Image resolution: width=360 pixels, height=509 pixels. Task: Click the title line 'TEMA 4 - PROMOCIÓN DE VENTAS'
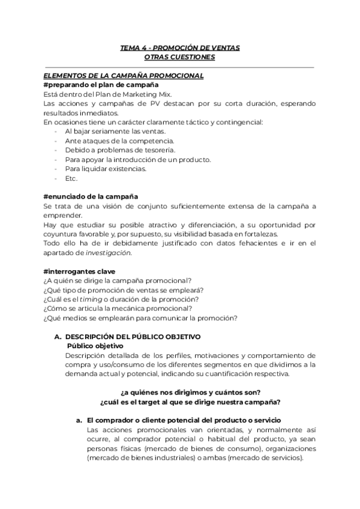pos(179,47)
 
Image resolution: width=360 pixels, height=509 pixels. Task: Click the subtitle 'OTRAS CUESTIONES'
pos(179,57)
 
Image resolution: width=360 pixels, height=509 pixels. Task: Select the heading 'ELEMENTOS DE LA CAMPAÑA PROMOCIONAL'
pos(124,76)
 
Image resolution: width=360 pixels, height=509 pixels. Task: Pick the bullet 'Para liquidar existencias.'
pos(106,169)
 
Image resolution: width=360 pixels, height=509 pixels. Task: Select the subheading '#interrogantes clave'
pos(83,271)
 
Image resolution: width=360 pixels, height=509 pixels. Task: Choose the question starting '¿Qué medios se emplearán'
pos(140,318)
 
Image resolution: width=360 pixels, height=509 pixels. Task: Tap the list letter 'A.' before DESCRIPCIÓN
pos(58,337)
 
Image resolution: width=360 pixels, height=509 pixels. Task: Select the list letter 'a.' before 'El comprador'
pos(79,420)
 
